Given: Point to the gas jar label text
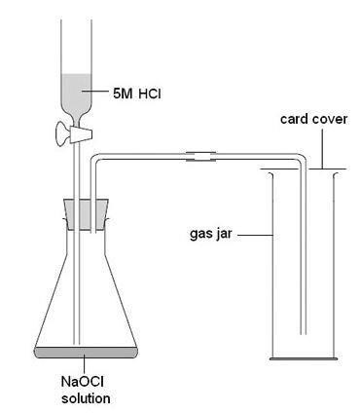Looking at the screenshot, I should (212, 235).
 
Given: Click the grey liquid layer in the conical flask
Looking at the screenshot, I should (84, 350).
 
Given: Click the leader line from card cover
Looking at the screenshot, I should (318, 149).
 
